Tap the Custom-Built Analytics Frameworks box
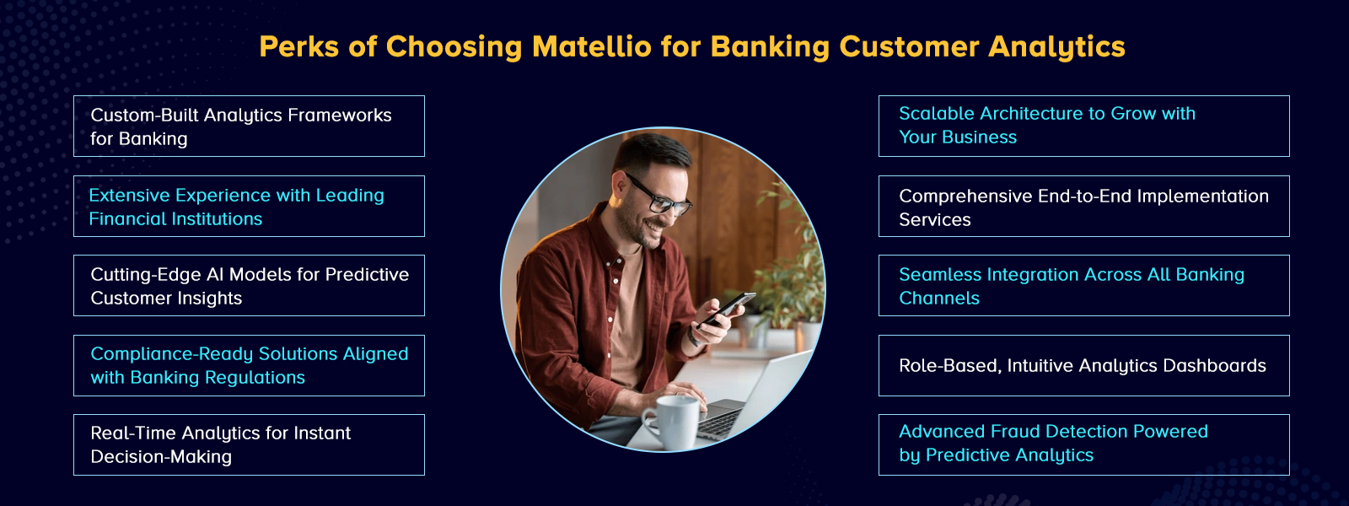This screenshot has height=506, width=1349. [249, 126]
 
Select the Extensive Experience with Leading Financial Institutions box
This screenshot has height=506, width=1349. [249, 207]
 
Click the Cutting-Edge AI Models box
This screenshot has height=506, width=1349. [249, 286]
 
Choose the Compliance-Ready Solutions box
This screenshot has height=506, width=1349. [249, 366]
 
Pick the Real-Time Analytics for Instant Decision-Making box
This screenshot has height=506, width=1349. [249, 445]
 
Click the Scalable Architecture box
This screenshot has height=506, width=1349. [1083, 126]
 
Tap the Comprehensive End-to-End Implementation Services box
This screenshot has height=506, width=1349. [1083, 207]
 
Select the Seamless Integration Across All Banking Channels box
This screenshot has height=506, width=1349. [1083, 286]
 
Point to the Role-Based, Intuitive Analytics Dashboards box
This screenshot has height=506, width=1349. [1083, 366]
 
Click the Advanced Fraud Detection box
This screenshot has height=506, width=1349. [1083, 445]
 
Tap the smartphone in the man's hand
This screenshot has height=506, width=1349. [727, 309]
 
